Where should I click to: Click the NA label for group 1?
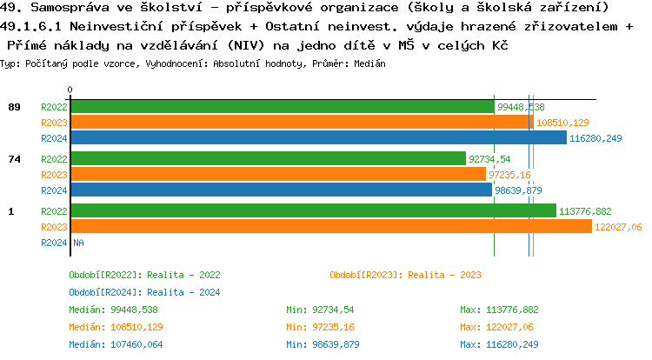[78, 243]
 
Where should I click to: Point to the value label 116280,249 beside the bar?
[595, 138]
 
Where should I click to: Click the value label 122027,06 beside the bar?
[618, 226]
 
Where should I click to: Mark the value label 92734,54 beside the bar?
[489, 159]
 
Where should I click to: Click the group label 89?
[14, 107]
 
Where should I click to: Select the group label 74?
[14, 159]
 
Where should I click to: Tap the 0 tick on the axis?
[70, 90]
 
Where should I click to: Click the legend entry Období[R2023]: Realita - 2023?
[405, 275]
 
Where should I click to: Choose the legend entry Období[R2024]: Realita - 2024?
[144, 292]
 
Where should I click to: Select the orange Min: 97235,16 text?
[323, 327]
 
